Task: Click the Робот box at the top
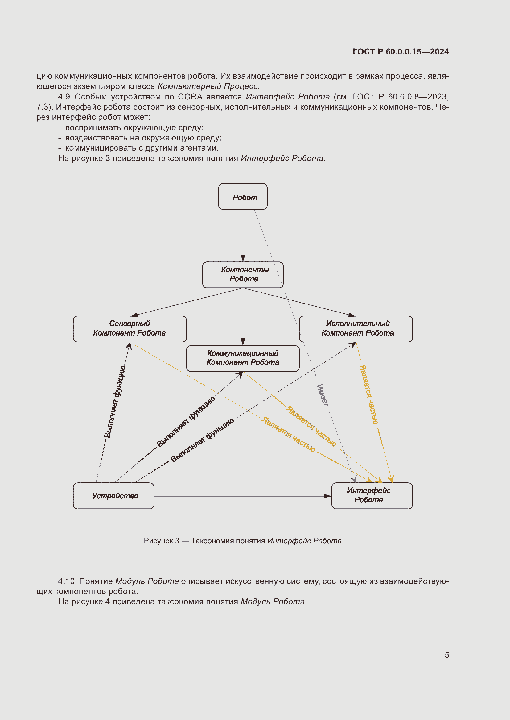(x=243, y=196)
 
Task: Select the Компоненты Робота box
(x=243, y=275)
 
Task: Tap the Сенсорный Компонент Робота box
(x=130, y=329)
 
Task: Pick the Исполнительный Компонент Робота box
(x=356, y=329)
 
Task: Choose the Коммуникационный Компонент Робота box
(x=243, y=358)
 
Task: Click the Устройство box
(x=114, y=496)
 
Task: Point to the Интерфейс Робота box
(x=372, y=496)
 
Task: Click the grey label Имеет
(x=323, y=395)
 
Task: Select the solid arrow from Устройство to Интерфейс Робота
(x=242, y=496)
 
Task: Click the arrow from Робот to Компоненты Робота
(x=243, y=235)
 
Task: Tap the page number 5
(x=446, y=655)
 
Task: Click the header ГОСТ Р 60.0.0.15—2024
(x=401, y=52)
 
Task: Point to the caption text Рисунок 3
(x=161, y=541)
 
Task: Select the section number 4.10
(x=66, y=581)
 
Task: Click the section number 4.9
(x=64, y=97)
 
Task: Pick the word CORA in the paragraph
(x=190, y=97)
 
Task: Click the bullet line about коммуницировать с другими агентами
(x=142, y=148)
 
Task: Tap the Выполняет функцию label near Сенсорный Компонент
(x=115, y=401)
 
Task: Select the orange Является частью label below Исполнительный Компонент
(x=369, y=394)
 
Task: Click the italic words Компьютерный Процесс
(x=208, y=86)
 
